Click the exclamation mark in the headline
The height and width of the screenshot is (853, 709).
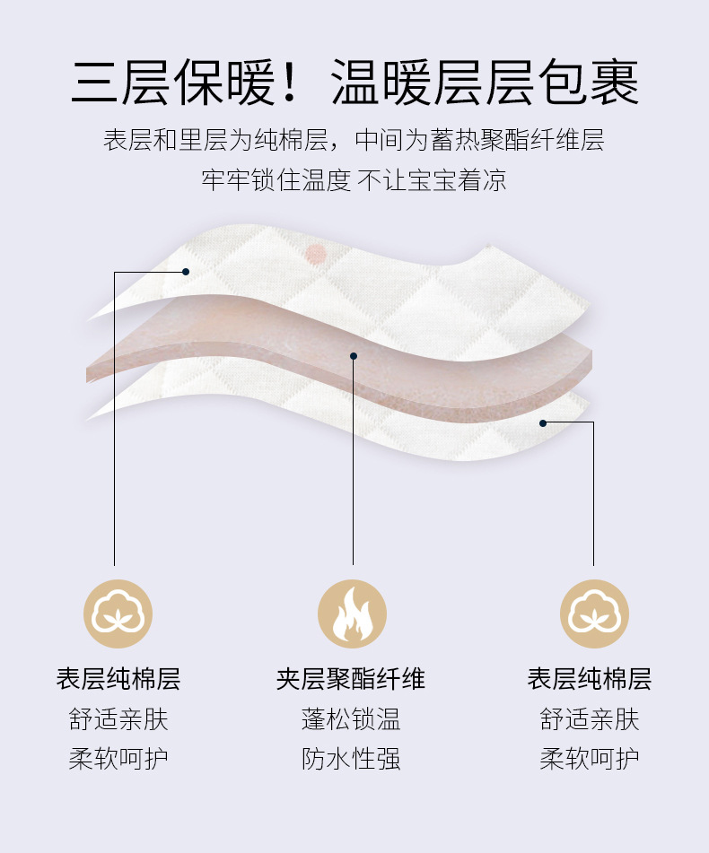click(289, 83)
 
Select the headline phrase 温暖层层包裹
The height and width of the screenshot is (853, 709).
click(485, 83)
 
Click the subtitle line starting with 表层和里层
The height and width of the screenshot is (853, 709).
click(354, 141)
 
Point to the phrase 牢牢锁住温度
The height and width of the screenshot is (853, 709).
click(276, 179)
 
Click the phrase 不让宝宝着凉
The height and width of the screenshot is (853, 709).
click(433, 179)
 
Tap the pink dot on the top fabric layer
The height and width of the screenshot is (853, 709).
click(315, 253)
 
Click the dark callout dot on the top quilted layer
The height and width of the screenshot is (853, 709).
click(186, 271)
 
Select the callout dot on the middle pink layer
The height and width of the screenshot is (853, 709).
click(354, 356)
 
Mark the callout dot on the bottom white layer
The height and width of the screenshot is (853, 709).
click(543, 422)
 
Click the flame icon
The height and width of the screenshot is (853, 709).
click(353, 614)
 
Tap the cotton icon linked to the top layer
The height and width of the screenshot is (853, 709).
click(118, 614)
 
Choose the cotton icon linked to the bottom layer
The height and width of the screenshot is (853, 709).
click(594, 614)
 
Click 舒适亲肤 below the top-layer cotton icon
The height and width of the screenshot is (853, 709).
click(118, 719)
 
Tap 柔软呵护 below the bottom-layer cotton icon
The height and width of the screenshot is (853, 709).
click(590, 760)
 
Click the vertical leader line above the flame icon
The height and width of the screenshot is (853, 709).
click(354, 466)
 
